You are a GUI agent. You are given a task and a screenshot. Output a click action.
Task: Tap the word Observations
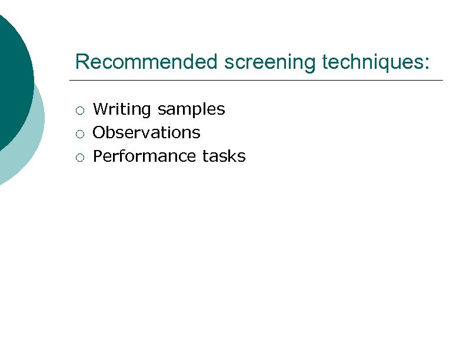[x=147, y=133]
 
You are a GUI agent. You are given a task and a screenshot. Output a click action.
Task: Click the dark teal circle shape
[x=12, y=76]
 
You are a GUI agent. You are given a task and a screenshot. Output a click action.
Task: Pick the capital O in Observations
[x=99, y=133]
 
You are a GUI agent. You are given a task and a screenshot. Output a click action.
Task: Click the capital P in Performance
[x=98, y=156]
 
